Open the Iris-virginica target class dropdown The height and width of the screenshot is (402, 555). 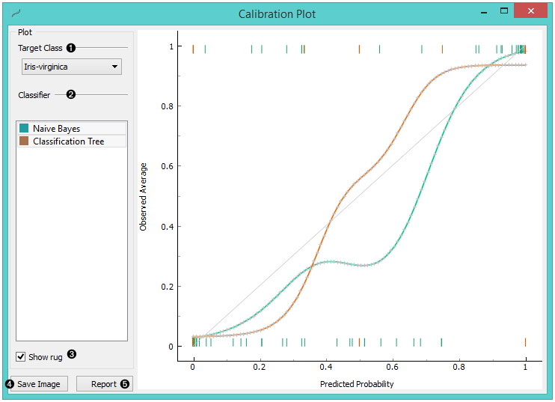(x=71, y=67)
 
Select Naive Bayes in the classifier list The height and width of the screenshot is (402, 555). (x=56, y=129)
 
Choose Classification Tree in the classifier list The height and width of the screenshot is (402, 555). (x=68, y=141)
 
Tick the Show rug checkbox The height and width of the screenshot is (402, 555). (x=21, y=357)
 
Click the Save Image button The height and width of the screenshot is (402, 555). (x=39, y=384)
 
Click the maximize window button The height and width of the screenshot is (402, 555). (x=504, y=11)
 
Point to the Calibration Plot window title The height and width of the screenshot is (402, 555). (x=277, y=14)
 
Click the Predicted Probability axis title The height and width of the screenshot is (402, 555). (x=357, y=384)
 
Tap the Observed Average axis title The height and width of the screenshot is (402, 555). (x=144, y=196)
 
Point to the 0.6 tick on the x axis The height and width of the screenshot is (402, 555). (x=393, y=368)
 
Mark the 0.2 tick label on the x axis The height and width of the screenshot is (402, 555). (x=260, y=368)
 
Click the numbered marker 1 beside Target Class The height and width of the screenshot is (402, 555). (x=71, y=48)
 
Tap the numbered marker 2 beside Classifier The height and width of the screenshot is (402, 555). (x=71, y=95)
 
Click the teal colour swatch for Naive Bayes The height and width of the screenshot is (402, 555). (x=25, y=129)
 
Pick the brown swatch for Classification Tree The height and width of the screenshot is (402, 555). (x=25, y=141)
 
